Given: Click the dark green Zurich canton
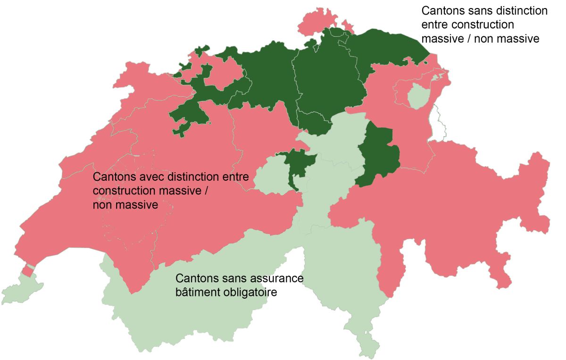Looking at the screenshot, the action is pos(325,80).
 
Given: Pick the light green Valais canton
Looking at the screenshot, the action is pos(189,311).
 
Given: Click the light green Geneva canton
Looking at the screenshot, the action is pos(19,290).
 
